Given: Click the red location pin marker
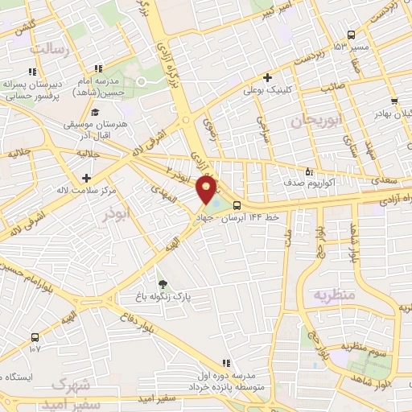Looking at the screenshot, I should [x=206, y=189].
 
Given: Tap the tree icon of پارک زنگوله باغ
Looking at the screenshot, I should [x=163, y=284].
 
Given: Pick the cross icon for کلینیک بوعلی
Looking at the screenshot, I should [x=278, y=78].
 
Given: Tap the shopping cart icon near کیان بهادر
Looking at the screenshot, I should [x=393, y=101].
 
